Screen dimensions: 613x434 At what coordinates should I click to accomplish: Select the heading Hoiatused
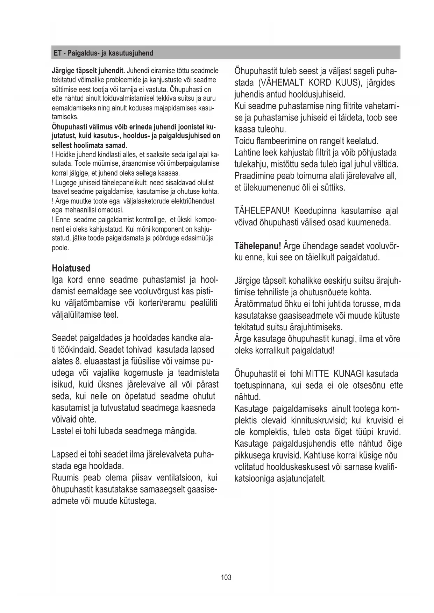pos(71,268)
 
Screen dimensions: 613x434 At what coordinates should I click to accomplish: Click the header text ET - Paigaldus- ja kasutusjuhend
pos(103,53)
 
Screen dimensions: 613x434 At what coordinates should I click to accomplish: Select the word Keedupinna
pos(316,211)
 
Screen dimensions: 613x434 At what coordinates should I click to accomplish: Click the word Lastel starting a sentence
pos(62,431)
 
